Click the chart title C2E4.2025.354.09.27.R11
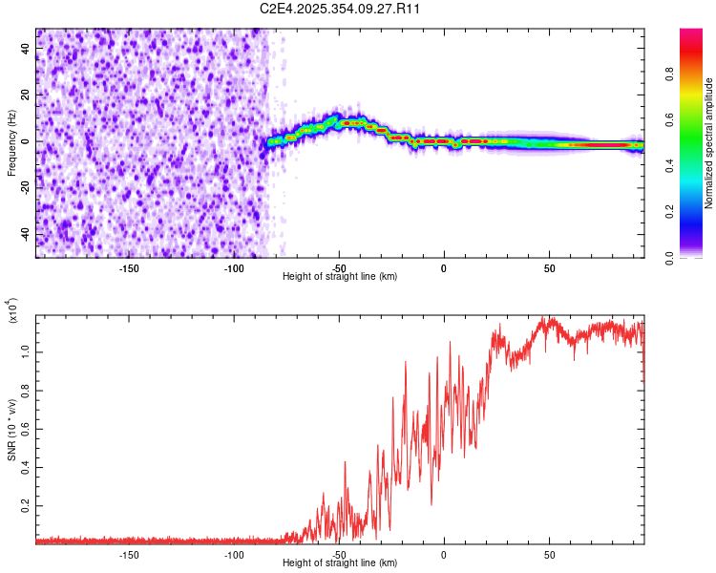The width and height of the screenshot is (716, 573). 341,9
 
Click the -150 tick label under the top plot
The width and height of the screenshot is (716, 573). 129,266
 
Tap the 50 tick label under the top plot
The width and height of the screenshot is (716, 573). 549,266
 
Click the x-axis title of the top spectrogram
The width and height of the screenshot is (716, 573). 341,277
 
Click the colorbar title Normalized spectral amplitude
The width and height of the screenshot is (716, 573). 709,143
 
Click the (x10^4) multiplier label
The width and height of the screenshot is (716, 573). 12,312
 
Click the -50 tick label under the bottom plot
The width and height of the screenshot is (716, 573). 339,555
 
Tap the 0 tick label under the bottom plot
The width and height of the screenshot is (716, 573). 444,555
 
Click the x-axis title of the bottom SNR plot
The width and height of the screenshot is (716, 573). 341,564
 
